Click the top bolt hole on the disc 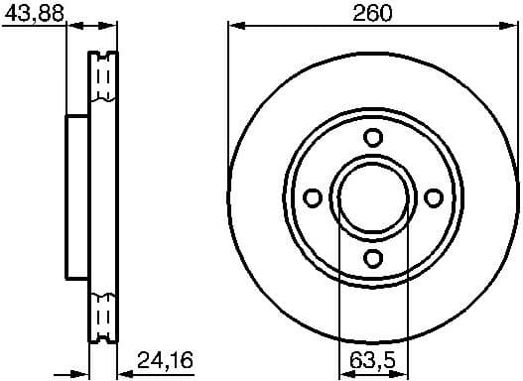pyautogui.click(x=373, y=137)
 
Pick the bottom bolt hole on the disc pyautogui.click(x=373, y=259)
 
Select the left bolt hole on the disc pyautogui.click(x=313, y=198)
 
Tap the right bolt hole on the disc pyautogui.click(x=434, y=198)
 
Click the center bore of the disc pyautogui.click(x=373, y=198)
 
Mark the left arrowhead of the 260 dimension pyautogui.click(x=235, y=27)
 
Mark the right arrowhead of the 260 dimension pyautogui.click(x=512, y=27)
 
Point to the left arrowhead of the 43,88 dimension pyautogui.click(x=71, y=27)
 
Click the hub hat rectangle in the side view pyautogui.click(x=77, y=198)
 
